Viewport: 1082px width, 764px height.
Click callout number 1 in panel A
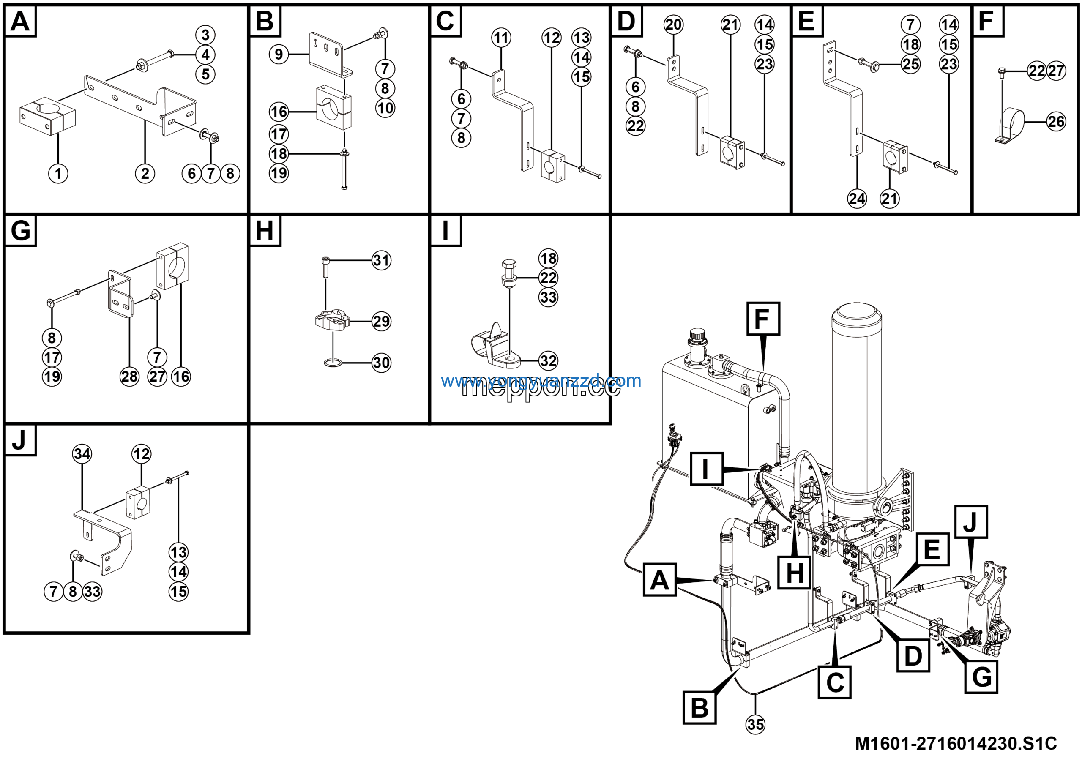(58, 173)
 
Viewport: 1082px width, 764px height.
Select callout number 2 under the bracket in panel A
(145, 173)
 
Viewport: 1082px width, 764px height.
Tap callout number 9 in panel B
(279, 54)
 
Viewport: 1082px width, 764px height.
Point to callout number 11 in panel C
(501, 37)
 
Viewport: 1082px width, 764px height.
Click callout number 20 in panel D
(673, 25)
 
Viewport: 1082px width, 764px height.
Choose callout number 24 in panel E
(857, 198)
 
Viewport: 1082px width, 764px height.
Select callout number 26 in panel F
(1056, 122)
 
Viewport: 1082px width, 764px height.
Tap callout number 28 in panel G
(130, 377)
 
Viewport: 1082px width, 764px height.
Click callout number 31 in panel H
(381, 260)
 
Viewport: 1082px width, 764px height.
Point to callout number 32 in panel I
(548, 361)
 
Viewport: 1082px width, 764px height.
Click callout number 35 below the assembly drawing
(755, 724)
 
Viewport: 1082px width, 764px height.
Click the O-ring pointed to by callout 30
(333, 363)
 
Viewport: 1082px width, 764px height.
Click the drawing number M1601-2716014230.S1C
(956, 743)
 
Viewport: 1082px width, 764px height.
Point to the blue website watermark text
(541, 380)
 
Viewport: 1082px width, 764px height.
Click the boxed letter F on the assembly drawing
(763, 319)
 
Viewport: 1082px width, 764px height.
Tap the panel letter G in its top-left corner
(20, 231)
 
